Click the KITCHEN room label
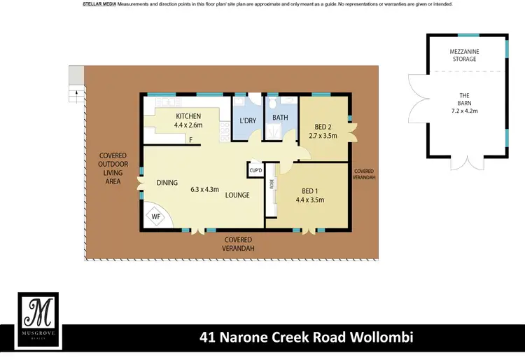tap(188, 116)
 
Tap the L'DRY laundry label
tap(248, 121)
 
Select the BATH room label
tap(280, 118)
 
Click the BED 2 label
tap(323, 127)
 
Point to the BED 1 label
tap(309, 190)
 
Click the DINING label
tap(167, 183)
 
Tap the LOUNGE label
tap(237, 195)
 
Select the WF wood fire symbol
tap(156, 216)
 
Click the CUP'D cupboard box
tap(255, 170)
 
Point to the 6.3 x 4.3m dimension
tap(204, 189)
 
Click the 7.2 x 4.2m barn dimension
tap(463, 111)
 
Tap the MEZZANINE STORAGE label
tap(463, 55)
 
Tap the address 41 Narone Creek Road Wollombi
tap(307, 338)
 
